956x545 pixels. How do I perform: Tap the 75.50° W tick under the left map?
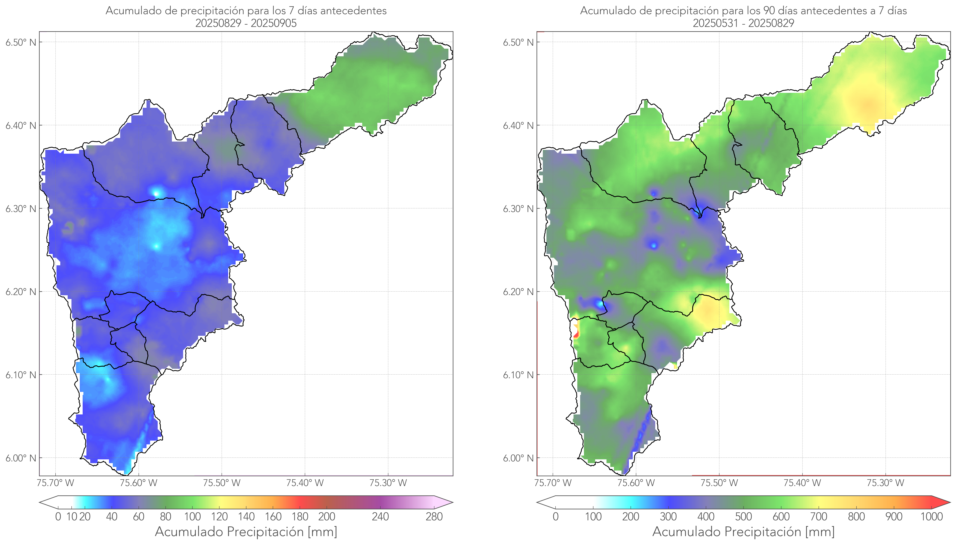tap(222, 483)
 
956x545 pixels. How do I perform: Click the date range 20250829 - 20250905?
tap(246, 23)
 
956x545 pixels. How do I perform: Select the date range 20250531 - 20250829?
tap(743, 23)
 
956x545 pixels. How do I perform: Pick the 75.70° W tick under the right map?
tap(553, 483)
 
